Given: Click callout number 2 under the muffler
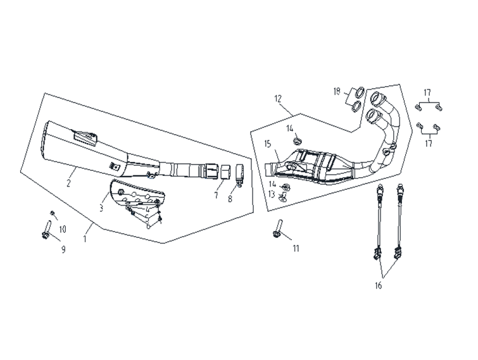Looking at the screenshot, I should pos(68,183).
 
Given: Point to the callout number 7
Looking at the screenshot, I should pos(216,197).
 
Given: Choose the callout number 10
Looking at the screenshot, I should pos(63,228).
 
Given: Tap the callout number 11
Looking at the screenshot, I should pos(295,249).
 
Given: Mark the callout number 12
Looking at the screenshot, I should pos(277,99).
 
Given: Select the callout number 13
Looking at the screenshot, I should pos(272,194).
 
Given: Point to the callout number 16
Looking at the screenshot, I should pos(378,286).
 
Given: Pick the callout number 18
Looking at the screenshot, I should pos(337,92).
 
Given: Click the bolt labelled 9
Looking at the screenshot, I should pos(46,232).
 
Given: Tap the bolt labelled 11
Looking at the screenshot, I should pos(277,230).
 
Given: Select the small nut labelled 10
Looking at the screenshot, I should pos(53,212).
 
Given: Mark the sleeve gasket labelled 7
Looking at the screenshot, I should pos(223,171).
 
